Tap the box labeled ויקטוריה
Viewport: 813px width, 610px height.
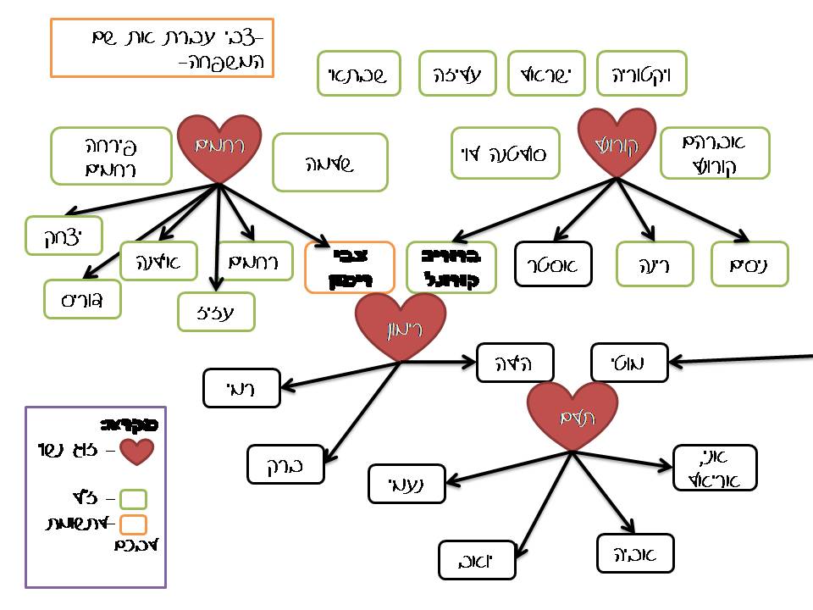pos(641,74)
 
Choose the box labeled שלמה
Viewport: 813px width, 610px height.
pos(330,162)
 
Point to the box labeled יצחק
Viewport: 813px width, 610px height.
pos(64,236)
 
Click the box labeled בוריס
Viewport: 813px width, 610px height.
pos(83,299)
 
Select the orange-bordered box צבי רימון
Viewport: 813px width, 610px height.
pos(350,267)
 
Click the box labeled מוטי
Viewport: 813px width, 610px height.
pos(629,363)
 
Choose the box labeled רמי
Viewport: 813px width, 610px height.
pos(241,389)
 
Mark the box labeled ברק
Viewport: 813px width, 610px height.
pos(285,463)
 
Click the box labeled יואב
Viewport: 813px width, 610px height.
pos(478,560)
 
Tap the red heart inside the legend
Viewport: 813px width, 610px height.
pos(136,451)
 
